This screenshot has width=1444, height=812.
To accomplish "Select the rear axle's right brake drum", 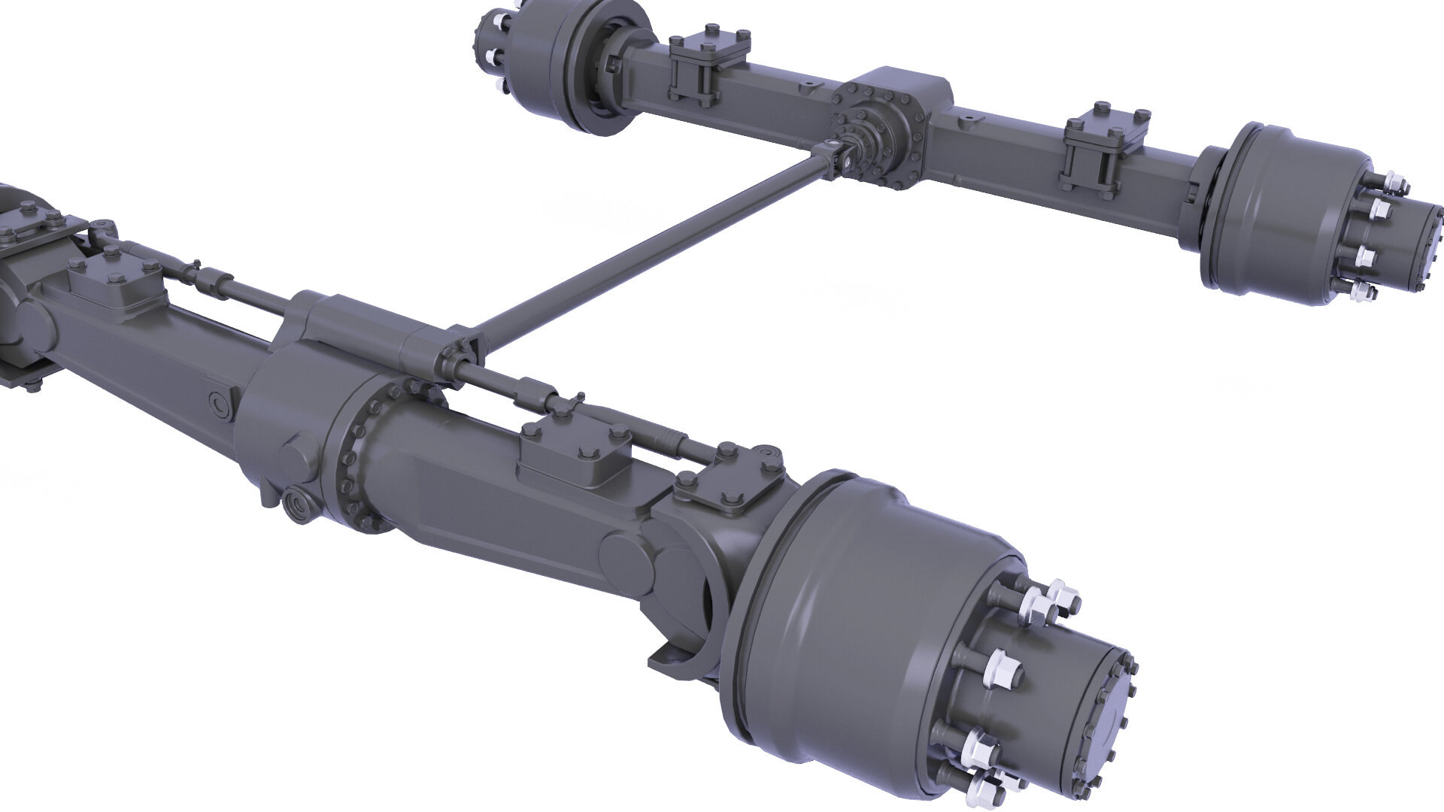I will tap(1271, 211).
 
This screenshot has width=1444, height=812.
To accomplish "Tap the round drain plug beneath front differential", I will tap(299, 504).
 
